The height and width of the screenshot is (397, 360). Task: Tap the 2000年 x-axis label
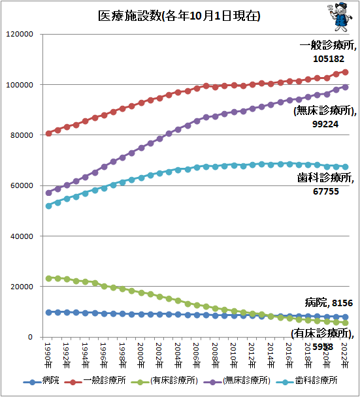[x=142, y=353]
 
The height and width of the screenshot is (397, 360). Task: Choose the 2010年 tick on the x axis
[x=235, y=353]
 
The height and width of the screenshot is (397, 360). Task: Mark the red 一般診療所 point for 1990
[x=48, y=133]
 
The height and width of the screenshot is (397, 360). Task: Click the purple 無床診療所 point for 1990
[x=48, y=193]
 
